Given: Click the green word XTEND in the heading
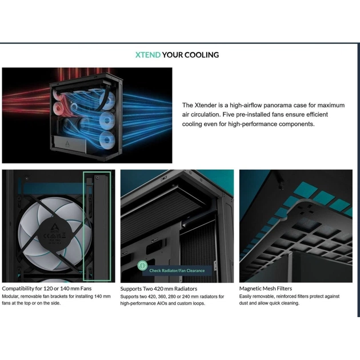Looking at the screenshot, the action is pos(148,55).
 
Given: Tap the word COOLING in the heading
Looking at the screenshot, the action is pos(202,55).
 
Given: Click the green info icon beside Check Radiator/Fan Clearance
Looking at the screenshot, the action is pos(143,265).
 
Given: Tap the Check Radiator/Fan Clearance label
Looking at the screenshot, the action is pos(177,270).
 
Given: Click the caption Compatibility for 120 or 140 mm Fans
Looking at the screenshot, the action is pos(47,289).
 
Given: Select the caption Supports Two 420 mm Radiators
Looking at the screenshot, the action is pos(159,289).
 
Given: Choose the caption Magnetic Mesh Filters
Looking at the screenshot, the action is pos(266,289).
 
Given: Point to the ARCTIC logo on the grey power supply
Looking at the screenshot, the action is pos(67,145).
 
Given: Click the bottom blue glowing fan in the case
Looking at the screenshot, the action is pos(106,139).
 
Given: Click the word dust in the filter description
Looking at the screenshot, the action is pos(243,303).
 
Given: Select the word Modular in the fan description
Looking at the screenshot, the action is pos(10,297).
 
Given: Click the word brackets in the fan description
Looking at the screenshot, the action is pos(59,297).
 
